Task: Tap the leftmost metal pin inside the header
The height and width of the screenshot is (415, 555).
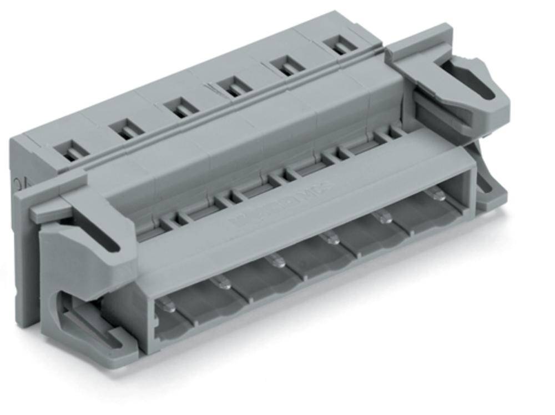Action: pyautogui.click(x=168, y=305)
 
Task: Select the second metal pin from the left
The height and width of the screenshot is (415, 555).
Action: pyautogui.click(x=223, y=283)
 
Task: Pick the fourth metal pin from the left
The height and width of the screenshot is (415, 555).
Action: pyautogui.click(x=332, y=238)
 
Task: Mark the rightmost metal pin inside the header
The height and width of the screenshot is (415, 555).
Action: pyautogui.click(x=437, y=194)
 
